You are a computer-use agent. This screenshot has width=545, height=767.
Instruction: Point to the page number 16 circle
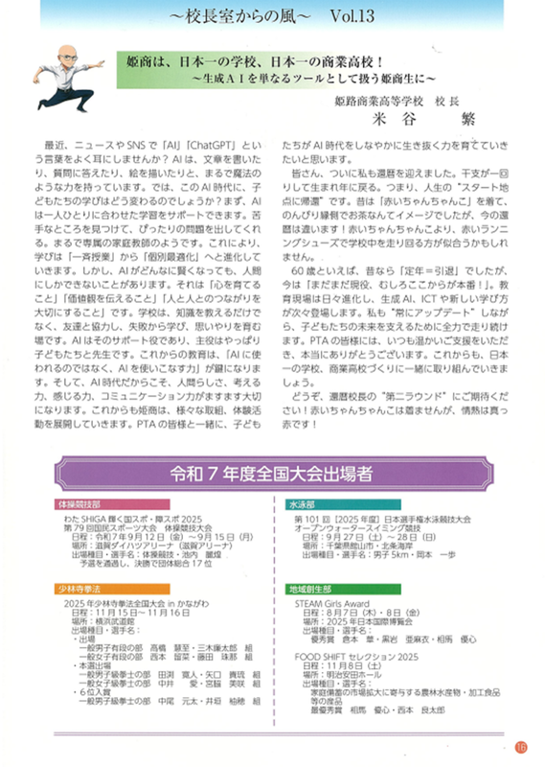pyautogui.click(x=521, y=747)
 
